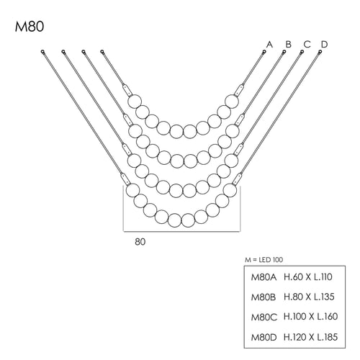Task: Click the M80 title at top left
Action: click(30, 27)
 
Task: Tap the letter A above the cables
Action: click(269, 45)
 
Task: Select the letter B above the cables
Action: click(288, 45)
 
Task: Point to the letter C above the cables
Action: click(307, 45)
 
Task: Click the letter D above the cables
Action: click(324, 45)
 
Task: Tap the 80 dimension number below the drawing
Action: click(140, 242)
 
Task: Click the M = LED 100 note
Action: click(264, 260)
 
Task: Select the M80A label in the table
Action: click(264, 277)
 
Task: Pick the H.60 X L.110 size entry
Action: click(308, 277)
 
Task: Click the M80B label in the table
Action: click(264, 297)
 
